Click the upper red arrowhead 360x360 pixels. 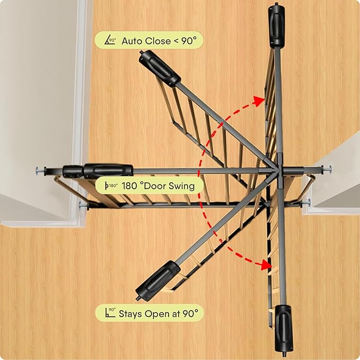(x=259, y=101)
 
